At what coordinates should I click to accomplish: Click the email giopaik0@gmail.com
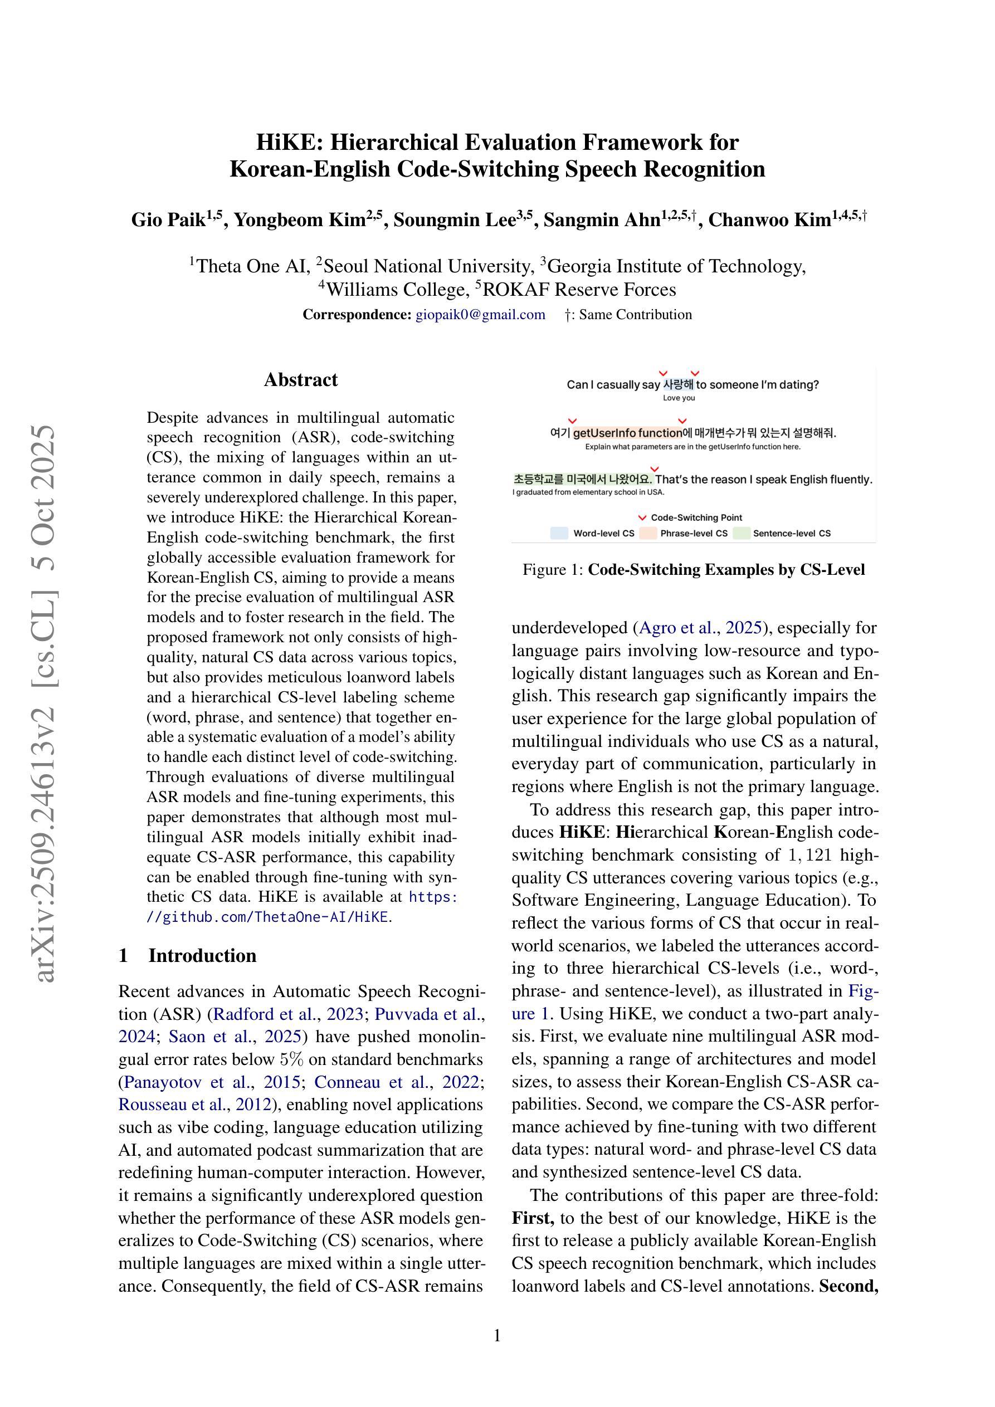[480, 314]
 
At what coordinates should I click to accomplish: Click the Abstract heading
[300, 379]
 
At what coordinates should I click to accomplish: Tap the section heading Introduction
[202, 955]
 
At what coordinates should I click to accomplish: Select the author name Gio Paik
[168, 219]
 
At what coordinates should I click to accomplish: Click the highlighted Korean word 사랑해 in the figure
[678, 385]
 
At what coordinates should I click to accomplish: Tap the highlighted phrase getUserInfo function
[627, 433]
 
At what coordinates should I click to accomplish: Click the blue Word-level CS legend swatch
[559, 533]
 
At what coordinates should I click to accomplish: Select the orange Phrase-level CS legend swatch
[648, 533]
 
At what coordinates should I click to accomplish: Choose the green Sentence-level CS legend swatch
[741, 533]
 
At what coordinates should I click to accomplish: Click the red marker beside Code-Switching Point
[642, 518]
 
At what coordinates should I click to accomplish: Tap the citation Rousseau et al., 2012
[194, 1105]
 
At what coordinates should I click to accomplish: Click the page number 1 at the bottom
[497, 1336]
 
